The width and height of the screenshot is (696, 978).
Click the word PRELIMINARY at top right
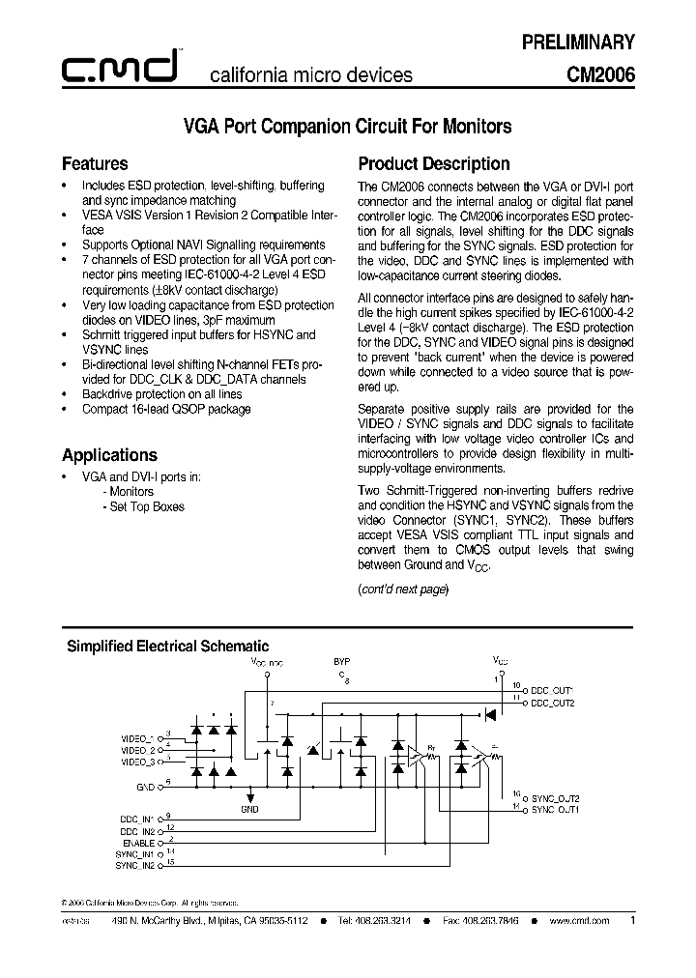(578, 42)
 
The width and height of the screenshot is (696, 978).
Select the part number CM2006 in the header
(600, 73)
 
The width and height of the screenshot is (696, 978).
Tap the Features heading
(95, 163)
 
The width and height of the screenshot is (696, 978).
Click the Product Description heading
(434, 163)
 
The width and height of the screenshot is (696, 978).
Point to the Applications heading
(109, 454)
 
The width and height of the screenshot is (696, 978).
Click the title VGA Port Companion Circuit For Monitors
(347, 126)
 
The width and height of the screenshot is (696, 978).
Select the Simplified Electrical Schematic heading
(166, 646)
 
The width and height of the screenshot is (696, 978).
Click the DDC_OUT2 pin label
(553, 704)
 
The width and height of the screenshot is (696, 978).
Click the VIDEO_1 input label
(138, 738)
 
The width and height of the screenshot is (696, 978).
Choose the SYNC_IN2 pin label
(136, 865)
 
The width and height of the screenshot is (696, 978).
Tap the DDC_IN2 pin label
(136, 830)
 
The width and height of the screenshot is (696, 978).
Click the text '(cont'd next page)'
(403, 589)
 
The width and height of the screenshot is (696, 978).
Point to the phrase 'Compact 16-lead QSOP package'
(166, 409)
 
